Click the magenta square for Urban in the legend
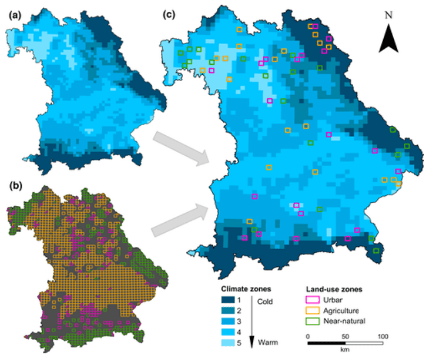click(x=311, y=300)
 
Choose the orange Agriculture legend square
click(x=311, y=310)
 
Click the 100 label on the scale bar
click(x=382, y=335)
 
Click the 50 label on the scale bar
click(x=345, y=335)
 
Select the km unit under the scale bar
click(x=344, y=350)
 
